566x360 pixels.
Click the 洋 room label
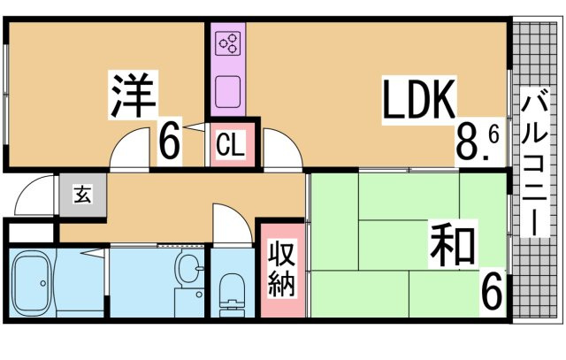(x=133, y=96)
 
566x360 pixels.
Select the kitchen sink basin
(x=229, y=91)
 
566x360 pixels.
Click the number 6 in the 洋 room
(x=171, y=141)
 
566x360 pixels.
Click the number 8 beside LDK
(x=467, y=141)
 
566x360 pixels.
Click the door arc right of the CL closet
(x=281, y=148)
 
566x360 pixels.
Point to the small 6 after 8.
(x=493, y=135)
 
